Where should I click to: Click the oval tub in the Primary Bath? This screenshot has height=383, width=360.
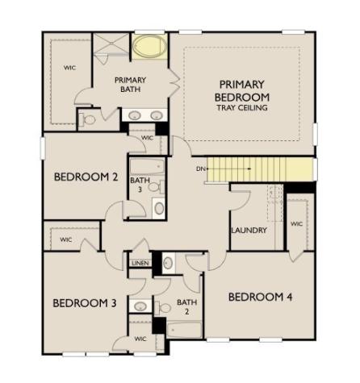[149, 46]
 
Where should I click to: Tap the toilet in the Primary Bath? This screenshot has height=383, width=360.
[87, 119]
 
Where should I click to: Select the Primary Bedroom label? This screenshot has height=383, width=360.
[241, 91]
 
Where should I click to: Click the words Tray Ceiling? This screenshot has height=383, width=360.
[242, 108]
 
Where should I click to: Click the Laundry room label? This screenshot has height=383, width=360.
[249, 231]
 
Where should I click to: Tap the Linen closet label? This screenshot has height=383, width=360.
[140, 263]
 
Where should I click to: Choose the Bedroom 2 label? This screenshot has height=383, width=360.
[86, 177]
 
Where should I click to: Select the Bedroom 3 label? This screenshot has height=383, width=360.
[85, 303]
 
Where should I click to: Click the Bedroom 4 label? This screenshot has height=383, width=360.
[260, 298]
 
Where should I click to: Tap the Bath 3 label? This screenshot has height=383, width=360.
[140, 185]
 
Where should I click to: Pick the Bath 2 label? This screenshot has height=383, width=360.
[186, 306]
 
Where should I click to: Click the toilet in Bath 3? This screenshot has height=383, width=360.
[157, 187]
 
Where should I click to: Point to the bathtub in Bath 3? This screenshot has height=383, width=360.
[148, 167]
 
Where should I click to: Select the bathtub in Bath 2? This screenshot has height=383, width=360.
[184, 330]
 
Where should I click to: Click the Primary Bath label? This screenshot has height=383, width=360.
[130, 85]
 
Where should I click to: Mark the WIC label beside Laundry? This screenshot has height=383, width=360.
[297, 223]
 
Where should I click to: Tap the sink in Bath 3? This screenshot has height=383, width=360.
[159, 209]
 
